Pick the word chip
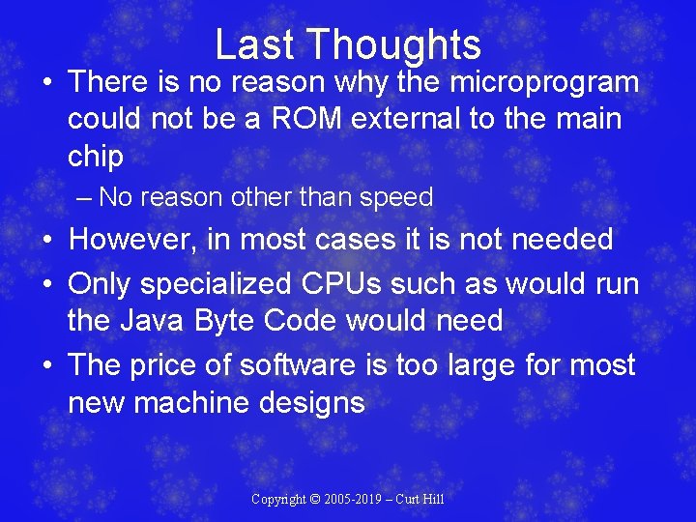[x=96, y=157]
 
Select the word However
[x=138, y=239]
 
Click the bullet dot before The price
[x=44, y=365]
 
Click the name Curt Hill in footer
[x=422, y=500]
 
